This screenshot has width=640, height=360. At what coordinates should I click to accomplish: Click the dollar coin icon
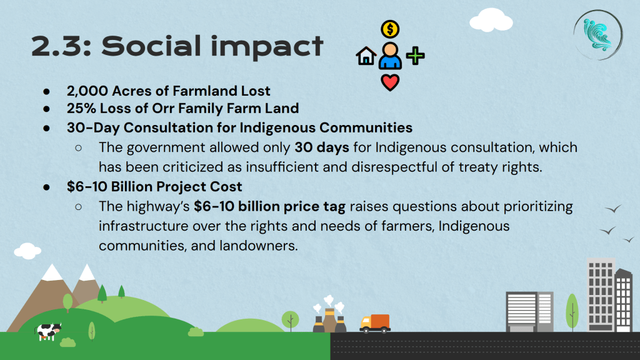click(x=390, y=29)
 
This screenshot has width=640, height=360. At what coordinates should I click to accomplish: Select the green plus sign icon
click(x=416, y=56)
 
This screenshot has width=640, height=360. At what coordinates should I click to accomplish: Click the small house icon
click(x=366, y=56)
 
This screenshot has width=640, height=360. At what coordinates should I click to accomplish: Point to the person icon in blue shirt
click(x=390, y=56)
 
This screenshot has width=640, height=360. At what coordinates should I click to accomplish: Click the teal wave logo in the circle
click(x=598, y=36)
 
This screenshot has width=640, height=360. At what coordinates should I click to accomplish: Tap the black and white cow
click(x=48, y=331)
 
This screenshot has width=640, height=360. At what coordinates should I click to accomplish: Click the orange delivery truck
click(x=375, y=323)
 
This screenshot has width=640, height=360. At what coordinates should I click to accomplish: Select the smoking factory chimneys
click(x=329, y=314)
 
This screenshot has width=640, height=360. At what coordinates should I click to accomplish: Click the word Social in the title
click(x=152, y=46)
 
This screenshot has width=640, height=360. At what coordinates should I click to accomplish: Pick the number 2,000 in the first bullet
click(x=87, y=91)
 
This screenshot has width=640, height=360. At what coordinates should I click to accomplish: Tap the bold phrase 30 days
click(x=322, y=147)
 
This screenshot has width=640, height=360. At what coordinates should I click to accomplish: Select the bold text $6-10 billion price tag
click(x=269, y=206)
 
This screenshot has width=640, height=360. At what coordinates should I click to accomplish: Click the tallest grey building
click(x=601, y=295)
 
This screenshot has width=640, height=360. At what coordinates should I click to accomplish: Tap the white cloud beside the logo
click(x=491, y=20)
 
